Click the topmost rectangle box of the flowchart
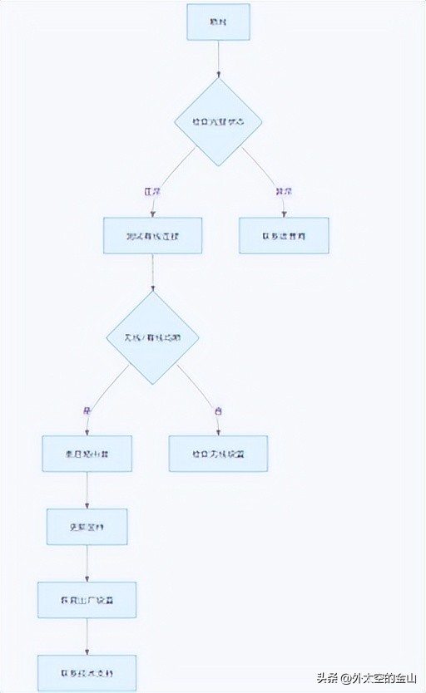(218, 22)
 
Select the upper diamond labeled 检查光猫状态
(218, 121)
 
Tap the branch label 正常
(151, 191)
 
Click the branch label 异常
(284, 191)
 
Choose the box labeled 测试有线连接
(152, 235)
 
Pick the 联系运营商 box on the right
(284, 235)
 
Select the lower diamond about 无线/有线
(152, 337)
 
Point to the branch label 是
(87, 410)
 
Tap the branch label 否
(218, 410)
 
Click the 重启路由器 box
(87, 454)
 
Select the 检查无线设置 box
(218, 454)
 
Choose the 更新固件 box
(87, 527)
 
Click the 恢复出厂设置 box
(87, 599)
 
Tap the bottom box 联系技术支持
(87, 672)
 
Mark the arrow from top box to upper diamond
(218, 58)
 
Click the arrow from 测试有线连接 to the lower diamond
(152, 273)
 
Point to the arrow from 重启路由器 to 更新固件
(87, 490)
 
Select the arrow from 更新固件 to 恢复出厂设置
(87, 563)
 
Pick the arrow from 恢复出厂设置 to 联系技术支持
(87, 636)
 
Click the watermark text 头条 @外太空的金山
(366, 676)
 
